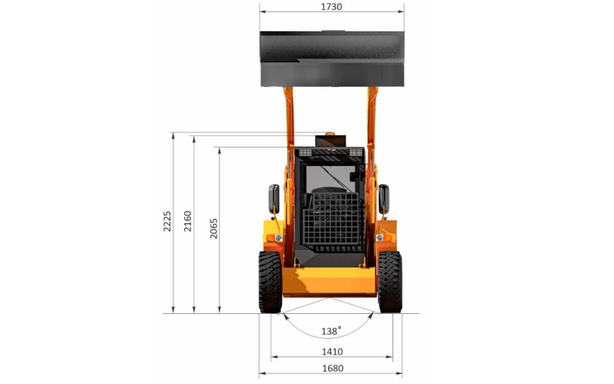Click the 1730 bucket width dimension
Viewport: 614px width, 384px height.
pos(331,7)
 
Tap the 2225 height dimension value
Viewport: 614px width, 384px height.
pos(167,221)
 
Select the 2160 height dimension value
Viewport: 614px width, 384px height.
pos(188,221)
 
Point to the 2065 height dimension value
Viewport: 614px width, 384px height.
pos(213,229)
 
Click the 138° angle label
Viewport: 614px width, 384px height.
pos(331,331)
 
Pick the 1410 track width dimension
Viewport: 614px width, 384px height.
pos(332,352)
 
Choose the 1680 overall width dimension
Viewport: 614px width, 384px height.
pos(333,369)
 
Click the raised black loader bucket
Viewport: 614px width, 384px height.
pos(332,58)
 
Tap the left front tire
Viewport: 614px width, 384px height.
pos(270,282)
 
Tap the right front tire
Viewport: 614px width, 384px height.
pos(390,282)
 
